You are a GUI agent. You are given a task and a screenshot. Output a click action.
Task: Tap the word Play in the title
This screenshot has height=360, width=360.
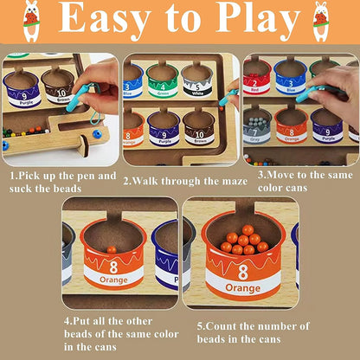coord(258,20)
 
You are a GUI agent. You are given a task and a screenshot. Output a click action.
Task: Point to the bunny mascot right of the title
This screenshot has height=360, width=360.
coord(321,22)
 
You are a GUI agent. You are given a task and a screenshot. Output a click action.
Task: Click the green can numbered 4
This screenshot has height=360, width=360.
coord(163,80)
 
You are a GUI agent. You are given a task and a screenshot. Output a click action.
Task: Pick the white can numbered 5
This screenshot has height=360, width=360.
coord(197,80)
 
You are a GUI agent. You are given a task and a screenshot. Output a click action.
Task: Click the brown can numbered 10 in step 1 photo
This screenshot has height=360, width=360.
coord(58,86)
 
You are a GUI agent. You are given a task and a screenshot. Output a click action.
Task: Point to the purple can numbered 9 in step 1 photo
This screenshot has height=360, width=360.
coord(22,89)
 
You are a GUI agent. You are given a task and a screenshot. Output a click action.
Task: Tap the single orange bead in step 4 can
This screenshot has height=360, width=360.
coord(112,250)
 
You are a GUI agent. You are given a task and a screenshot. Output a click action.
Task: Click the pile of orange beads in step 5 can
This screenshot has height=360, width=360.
coord(244,241)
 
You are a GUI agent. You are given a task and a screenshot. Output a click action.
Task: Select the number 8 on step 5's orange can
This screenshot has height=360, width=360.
coord(243,272)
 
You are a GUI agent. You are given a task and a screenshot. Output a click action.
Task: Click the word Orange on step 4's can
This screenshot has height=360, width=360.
coord(113,280)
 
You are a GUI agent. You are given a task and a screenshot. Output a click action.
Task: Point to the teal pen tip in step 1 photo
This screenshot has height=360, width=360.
coord(69,108)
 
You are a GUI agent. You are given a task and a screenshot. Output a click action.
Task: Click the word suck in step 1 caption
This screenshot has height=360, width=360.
coord(20,189)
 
